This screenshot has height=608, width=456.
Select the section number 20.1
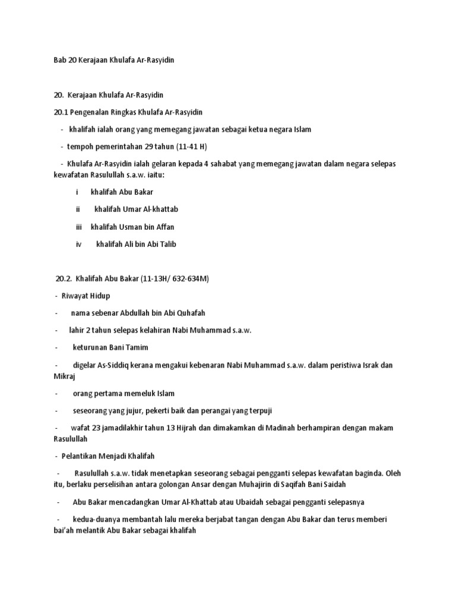click(x=61, y=112)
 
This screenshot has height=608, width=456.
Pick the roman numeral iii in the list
click(x=79, y=227)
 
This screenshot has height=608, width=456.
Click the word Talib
click(x=167, y=244)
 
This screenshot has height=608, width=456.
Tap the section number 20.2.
click(x=64, y=278)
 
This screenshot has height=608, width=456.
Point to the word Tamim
click(x=137, y=347)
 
